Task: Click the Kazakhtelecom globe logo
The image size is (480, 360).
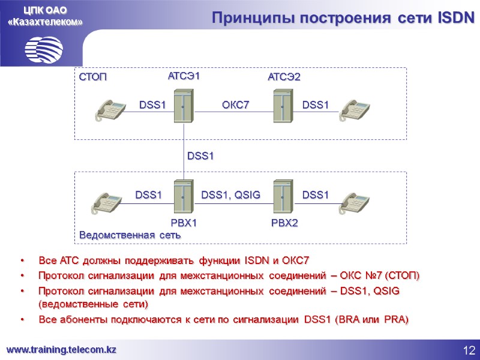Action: [44, 49]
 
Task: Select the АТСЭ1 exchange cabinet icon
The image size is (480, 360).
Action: [182, 106]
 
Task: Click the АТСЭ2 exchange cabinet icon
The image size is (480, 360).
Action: [282, 106]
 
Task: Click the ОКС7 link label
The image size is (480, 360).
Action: [235, 105]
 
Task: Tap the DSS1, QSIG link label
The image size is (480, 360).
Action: [230, 194]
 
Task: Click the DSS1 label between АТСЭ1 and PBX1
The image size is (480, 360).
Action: [200, 156]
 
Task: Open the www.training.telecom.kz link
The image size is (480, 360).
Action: [61, 349]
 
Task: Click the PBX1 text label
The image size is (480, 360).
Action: [184, 223]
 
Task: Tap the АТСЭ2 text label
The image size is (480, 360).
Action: [284, 77]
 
